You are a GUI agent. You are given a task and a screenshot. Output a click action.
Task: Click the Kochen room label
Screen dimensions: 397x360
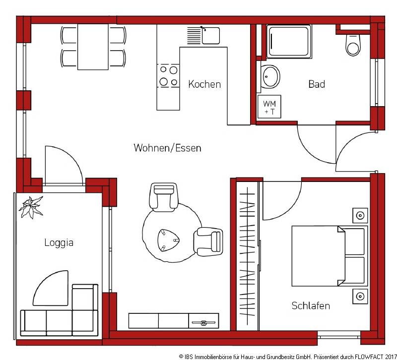[x=204, y=84]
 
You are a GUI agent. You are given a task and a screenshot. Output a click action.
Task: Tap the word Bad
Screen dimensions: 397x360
[x=317, y=84]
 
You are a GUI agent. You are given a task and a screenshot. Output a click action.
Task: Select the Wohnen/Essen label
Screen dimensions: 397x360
[x=167, y=148]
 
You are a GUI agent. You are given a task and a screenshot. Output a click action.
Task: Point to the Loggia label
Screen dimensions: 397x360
[x=59, y=242]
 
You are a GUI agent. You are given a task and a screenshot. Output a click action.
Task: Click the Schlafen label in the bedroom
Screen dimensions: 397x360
[x=311, y=305]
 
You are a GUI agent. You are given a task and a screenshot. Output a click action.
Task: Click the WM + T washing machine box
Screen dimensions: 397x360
[x=269, y=107]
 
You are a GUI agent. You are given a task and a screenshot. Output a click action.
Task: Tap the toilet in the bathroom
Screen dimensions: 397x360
[x=353, y=45]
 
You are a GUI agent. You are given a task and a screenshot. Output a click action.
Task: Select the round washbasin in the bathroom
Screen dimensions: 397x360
[x=270, y=76]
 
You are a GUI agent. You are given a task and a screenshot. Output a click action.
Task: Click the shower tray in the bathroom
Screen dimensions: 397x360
[x=289, y=42]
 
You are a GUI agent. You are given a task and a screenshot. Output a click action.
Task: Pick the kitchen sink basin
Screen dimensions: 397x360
[x=210, y=35]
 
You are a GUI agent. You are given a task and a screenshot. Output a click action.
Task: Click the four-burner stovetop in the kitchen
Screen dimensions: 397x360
[x=168, y=76]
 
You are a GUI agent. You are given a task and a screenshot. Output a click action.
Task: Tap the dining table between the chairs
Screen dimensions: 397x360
[x=93, y=47]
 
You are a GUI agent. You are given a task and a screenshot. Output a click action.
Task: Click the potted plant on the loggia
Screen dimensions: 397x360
[x=31, y=207]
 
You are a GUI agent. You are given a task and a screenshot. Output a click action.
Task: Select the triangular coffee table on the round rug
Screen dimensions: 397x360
[x=168, y=240]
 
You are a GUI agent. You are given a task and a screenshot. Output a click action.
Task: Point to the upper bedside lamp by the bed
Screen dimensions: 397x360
[x=360, y=216]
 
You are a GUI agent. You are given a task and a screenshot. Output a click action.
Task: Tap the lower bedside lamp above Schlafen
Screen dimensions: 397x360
[x=360, y=296]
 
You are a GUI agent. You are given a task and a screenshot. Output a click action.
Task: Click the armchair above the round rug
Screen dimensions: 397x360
[x=164, y=197]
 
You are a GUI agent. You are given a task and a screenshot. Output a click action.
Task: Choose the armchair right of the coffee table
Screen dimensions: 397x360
[x=208, y=241]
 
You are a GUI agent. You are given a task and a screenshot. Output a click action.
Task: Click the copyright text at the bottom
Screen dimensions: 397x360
[x=288, y=357]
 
